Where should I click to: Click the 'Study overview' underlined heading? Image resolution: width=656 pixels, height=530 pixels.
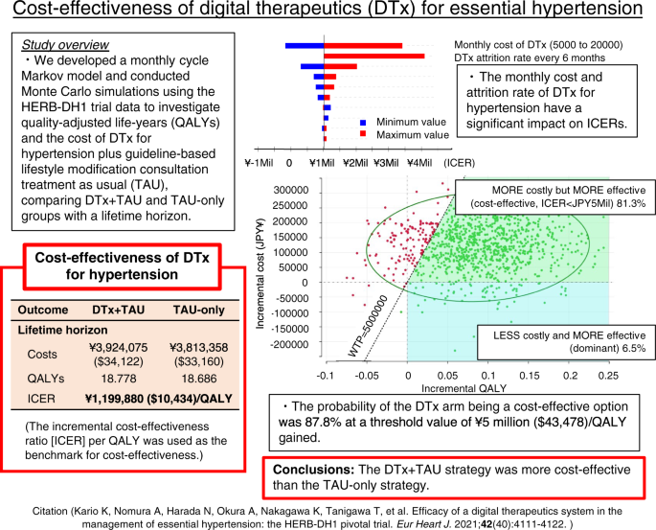59,44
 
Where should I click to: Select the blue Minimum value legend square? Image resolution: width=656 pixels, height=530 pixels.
363,123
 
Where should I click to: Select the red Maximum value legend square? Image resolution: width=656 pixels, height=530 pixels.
363,135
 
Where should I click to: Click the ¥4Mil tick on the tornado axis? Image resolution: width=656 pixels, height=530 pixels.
419,162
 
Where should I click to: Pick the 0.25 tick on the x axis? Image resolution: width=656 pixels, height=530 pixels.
605,376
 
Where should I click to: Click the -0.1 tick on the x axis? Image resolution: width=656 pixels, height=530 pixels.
327,376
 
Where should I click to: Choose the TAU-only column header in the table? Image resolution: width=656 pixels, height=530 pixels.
198,310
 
